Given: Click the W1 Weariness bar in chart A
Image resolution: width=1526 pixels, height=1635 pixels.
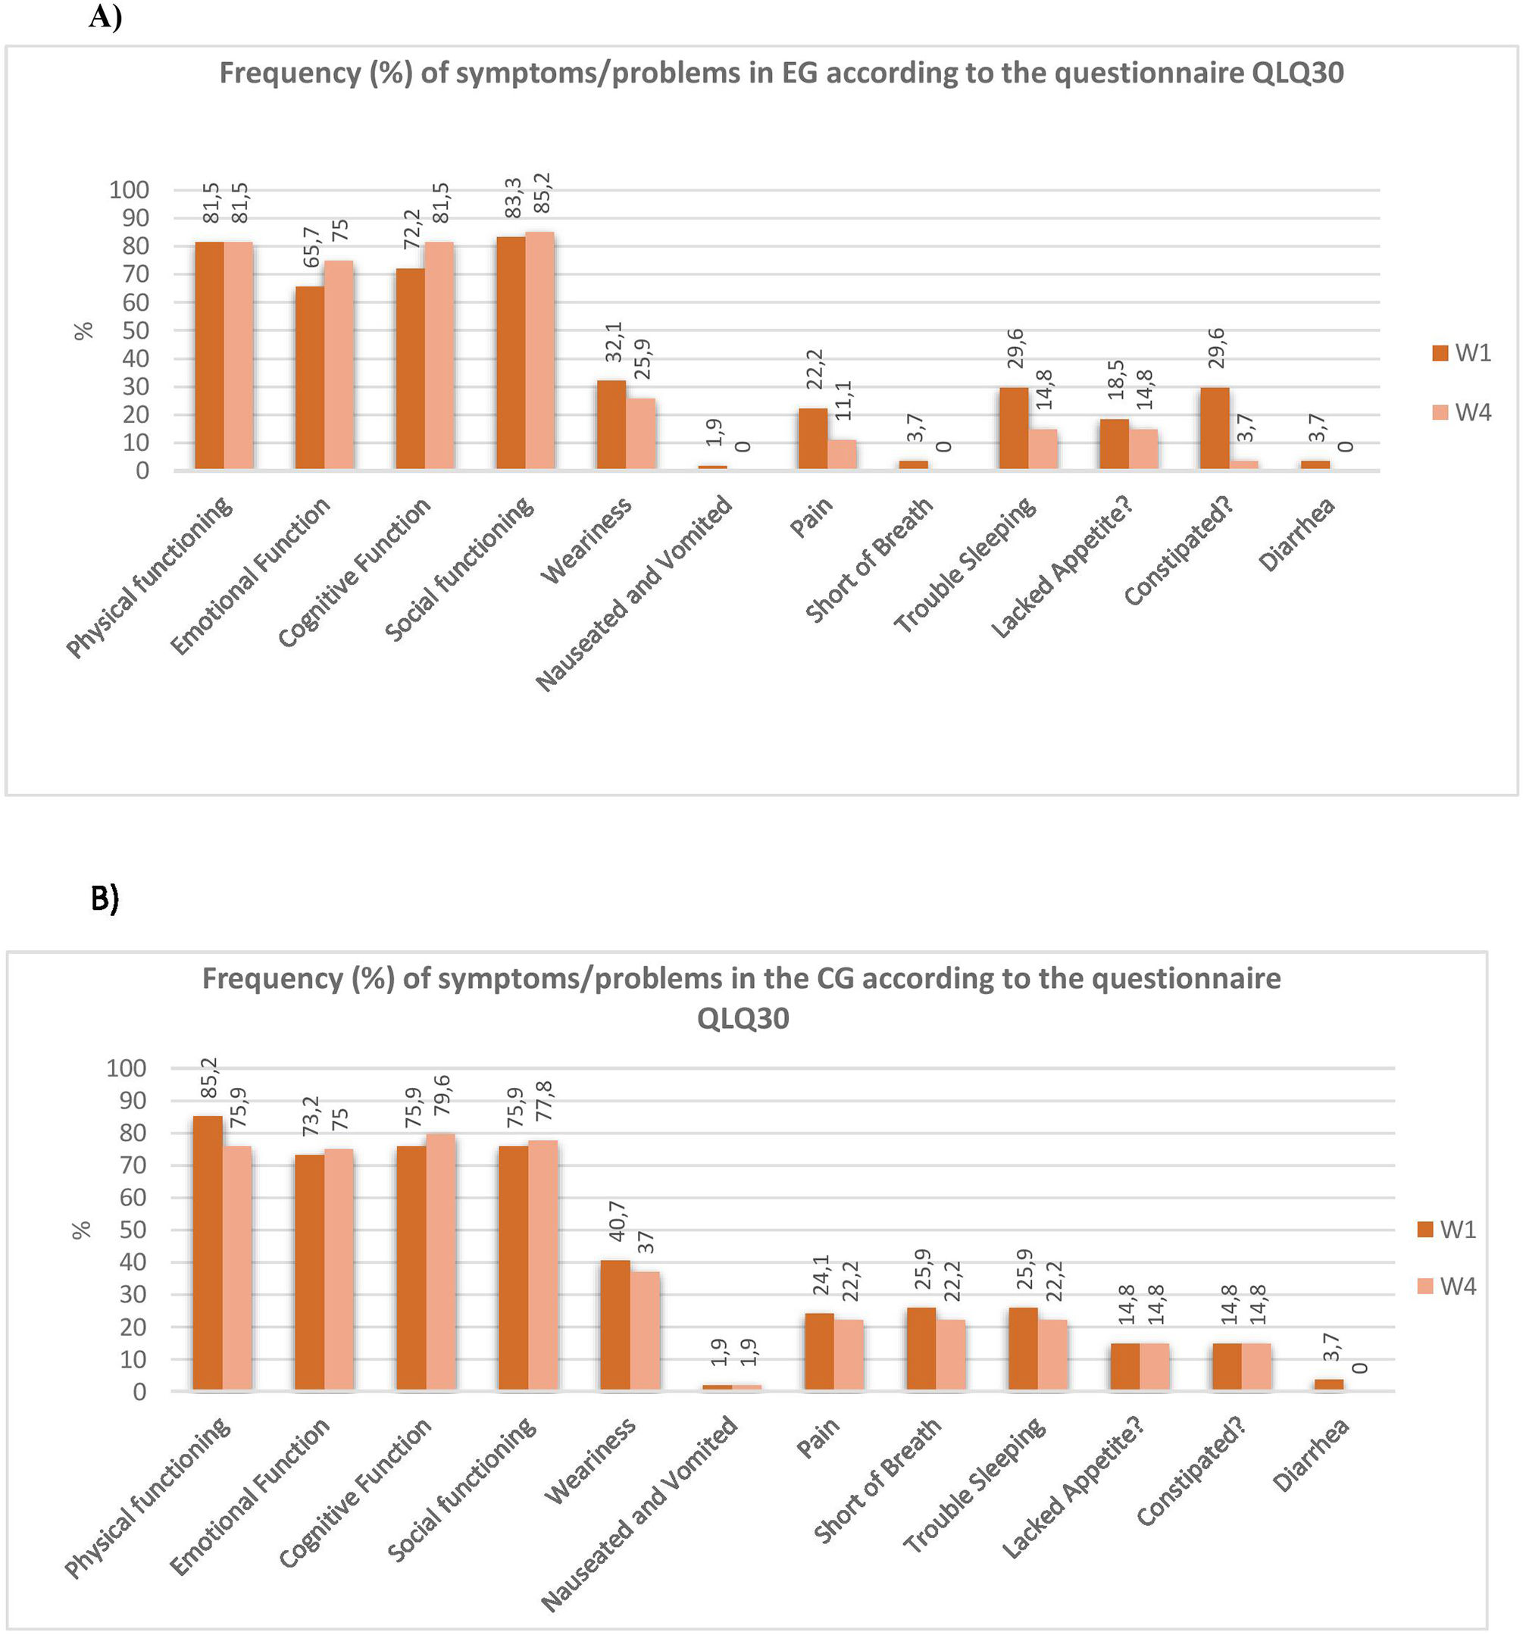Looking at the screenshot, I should pos(611,424).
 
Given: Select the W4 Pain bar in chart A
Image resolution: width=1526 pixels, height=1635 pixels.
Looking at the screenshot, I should pos(842,454).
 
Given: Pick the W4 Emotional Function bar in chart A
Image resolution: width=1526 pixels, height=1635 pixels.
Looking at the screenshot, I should pos(339,365).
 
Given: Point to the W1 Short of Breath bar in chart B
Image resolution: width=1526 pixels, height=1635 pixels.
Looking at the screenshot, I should pos(921,1349).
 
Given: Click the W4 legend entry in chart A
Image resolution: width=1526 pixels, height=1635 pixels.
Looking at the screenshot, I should pos(1461,412).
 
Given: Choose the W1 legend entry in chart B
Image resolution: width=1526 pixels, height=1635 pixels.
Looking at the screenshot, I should pos(1447,1230).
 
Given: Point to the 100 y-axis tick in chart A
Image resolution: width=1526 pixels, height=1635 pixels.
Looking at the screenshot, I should pos(129,190).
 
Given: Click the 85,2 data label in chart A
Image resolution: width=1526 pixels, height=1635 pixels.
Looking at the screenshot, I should pos(544,193).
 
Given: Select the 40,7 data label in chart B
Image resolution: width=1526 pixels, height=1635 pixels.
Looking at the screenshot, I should pos(617,1221).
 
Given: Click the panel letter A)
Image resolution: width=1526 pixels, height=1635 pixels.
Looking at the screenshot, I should pos(105,17).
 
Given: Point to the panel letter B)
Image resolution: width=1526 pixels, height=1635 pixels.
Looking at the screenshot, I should pos(105,899).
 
